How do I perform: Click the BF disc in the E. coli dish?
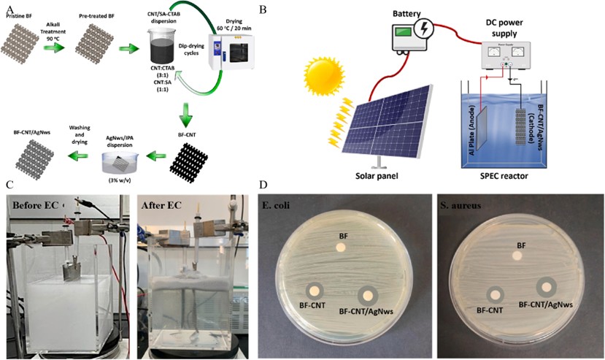pyautogui.click(x=340, y=248)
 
